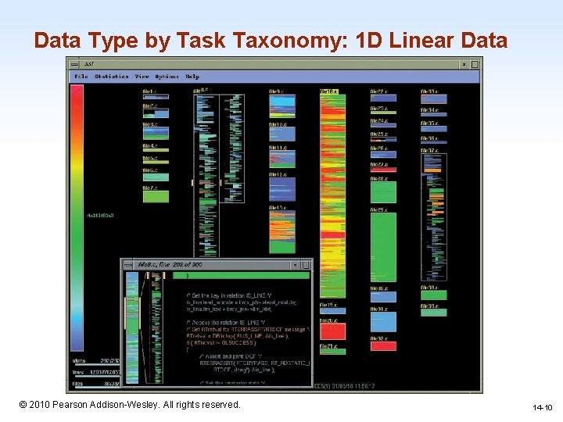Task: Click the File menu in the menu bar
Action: (x=81, y=77)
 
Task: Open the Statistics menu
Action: (x=112, y=77)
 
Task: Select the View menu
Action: (x=142, y=77)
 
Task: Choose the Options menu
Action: (x=167, y=77)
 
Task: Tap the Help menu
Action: (x=192, y=77)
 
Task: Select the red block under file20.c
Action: (x=332, y=331)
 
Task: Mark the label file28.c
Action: (x=378, y=179)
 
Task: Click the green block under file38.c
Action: (x=433, y=295)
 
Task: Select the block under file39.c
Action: (x=433, y=313)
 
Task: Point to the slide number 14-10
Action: (x=542, y=407)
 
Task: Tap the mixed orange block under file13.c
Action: (x=281, y=234)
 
